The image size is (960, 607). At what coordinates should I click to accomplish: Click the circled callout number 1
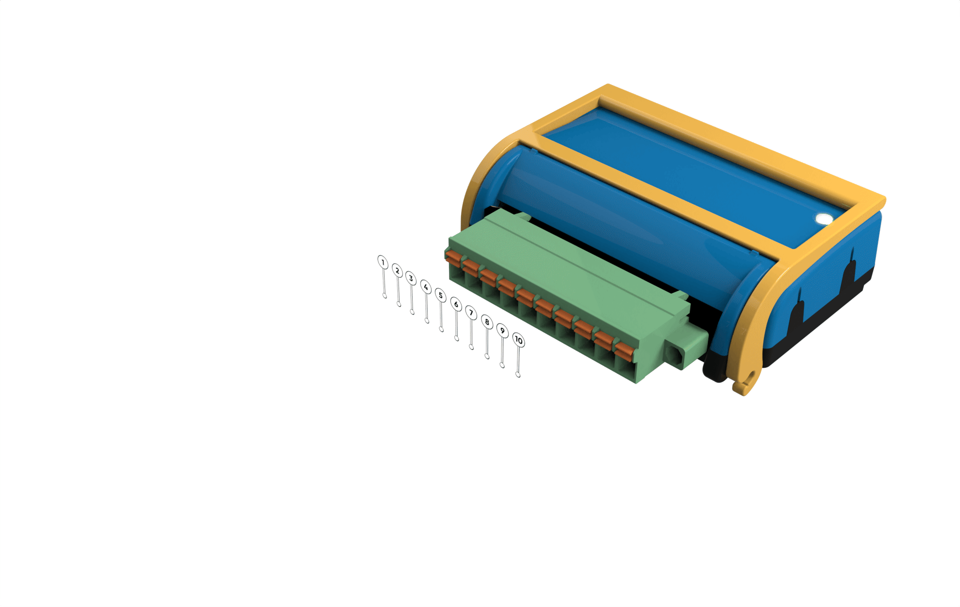[383, 262]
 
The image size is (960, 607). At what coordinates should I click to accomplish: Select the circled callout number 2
[397, 271]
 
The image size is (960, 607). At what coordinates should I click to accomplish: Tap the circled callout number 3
[411, 278]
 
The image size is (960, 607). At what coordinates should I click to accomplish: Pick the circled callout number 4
[426, 287]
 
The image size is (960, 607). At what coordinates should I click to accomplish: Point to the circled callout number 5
[440, 295]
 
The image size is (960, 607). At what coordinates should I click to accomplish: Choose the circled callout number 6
[456, 304]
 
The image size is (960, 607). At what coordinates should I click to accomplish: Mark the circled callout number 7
[471, 313]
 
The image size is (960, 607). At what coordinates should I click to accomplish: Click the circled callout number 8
[487, 322]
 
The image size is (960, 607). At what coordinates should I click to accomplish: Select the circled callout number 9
[502, 331]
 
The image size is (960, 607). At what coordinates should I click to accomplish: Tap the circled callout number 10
[518, 340]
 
